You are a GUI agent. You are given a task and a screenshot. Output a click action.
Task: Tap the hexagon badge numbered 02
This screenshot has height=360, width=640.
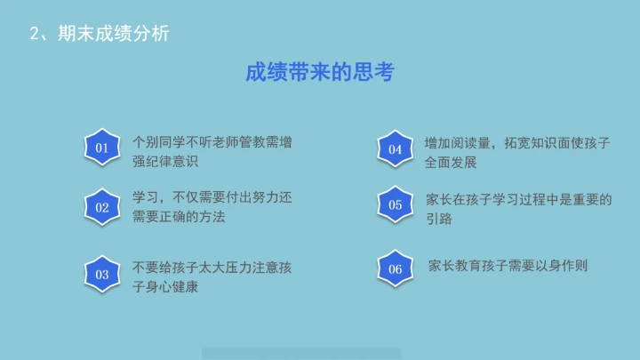point(102,207)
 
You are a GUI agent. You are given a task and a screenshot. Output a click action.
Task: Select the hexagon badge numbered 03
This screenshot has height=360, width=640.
point(102,275)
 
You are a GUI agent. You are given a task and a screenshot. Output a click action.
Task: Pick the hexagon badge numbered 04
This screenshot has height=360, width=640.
point(396,149)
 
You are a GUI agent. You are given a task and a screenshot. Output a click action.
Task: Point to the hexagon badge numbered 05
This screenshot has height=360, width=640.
point(396,204)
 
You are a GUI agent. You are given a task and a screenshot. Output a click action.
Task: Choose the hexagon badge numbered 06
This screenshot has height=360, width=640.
point(396,269)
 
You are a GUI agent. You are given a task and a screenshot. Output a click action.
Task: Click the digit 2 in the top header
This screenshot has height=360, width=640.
point(34,34)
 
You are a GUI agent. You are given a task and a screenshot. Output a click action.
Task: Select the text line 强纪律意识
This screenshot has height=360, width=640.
point(165,161)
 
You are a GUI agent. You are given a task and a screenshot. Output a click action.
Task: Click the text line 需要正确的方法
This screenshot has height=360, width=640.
point(179,217)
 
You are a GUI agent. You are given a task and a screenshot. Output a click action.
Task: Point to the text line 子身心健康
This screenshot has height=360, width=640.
point(165,286)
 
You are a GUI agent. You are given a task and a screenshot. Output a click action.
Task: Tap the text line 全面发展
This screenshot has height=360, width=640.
point(451,163)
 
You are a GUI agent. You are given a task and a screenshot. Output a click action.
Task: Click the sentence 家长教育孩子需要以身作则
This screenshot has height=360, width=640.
point(508,266)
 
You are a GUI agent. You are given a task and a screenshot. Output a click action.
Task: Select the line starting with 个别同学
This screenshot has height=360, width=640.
point(212,141)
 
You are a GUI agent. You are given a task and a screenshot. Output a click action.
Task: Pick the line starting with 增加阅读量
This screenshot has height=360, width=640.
point(517,142)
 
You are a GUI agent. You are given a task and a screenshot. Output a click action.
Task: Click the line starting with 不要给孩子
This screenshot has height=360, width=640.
point(212,267)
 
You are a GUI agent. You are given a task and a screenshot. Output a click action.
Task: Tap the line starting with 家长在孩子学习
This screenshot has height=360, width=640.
point(519,199)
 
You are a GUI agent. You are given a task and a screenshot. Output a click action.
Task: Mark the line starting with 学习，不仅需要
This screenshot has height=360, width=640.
point(212,197)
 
